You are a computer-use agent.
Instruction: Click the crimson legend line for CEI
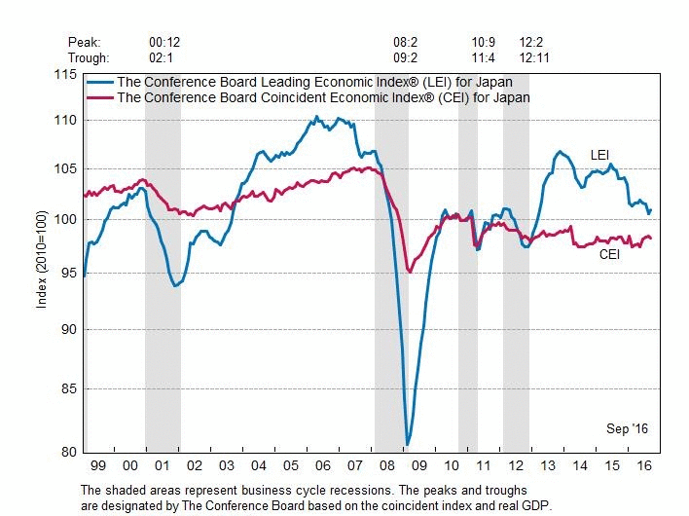[x=101, y=97]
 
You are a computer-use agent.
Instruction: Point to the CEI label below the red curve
[x=610, y=255]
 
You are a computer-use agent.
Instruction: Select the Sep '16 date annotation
[x=627, y=428]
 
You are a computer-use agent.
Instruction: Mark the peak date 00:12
[x=163, y=43]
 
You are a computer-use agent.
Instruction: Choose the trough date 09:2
[x=405, y=56]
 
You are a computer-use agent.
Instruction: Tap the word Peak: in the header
[x=85, y=43]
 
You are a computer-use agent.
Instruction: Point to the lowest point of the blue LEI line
[x=407, y=444]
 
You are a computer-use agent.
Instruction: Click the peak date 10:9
[x=484, y=43]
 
